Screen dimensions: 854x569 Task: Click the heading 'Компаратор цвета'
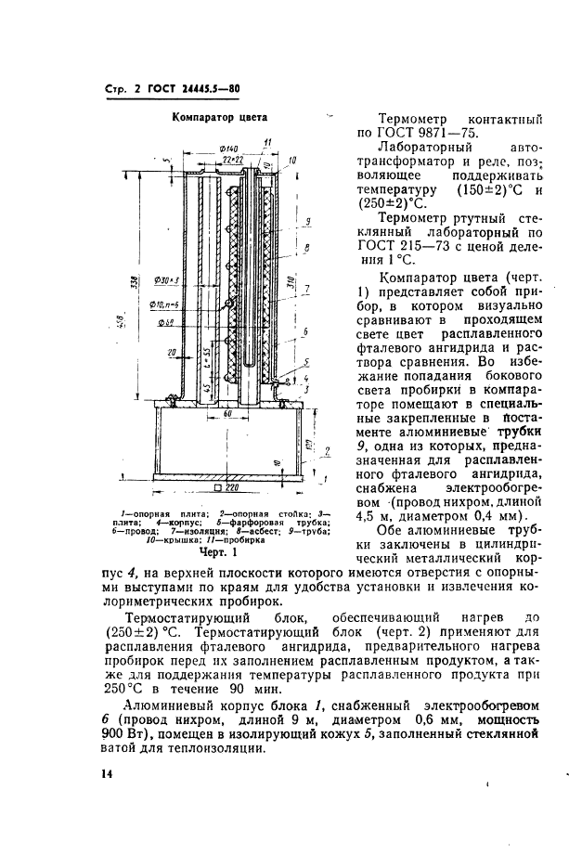coord(221,118)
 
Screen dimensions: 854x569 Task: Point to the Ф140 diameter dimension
coord(205,149)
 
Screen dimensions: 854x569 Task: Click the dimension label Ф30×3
coord(168,279)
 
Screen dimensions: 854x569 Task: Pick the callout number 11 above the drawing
coord(266,141)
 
